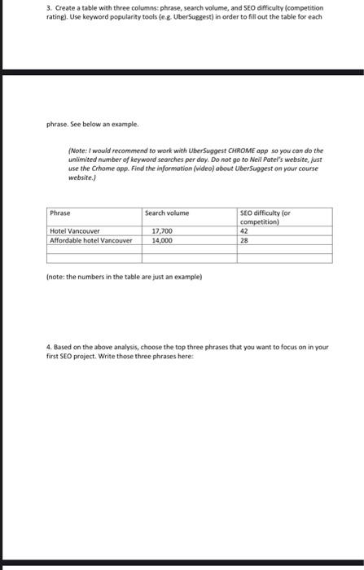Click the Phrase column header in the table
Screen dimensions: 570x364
[x=60, y=213]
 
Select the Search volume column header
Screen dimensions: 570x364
[x=166, y=213]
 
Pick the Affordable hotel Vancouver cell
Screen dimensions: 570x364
[x=90, y=241]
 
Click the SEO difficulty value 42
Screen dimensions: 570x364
[x=243, y=231]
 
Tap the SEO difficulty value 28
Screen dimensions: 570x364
[x=243, y=241]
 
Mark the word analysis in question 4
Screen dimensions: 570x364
[x=115, y=347]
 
